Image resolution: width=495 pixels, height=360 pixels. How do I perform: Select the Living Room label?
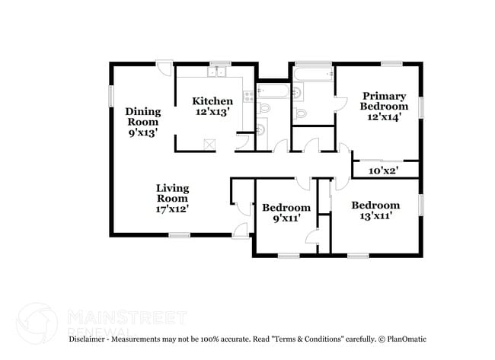point(172,198)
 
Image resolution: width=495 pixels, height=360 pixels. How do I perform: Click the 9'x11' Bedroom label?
point(286,212)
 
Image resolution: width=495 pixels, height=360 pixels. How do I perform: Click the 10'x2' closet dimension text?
point(384,170)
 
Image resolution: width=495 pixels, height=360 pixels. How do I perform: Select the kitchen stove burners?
point(247,96)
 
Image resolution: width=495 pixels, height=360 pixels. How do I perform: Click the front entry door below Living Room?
point(241,231)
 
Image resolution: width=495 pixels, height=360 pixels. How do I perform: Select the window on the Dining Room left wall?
point(111,95)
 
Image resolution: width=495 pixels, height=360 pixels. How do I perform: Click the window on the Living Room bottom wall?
point(179,235)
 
